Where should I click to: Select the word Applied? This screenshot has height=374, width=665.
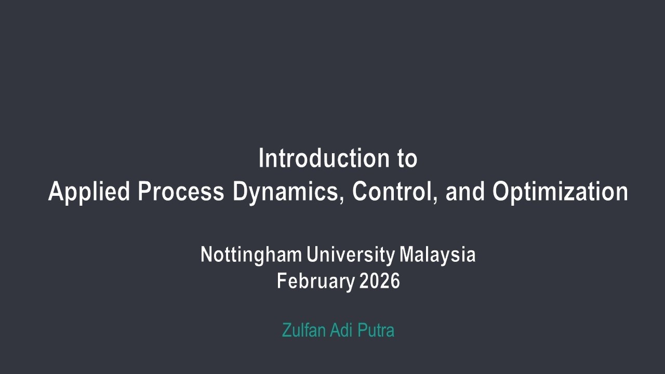point(89,192)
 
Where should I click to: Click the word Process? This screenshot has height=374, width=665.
point(181,192)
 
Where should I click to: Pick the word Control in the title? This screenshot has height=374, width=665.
point(389,192)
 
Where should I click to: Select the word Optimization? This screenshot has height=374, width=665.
point(560,192)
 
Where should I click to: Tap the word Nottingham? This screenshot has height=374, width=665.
point(251,255)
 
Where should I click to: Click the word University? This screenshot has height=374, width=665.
point(351,255)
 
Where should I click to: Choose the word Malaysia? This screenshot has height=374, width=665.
point(437,255)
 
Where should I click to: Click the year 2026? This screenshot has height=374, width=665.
point(380,281)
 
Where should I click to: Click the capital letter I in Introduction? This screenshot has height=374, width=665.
point(261,158)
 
